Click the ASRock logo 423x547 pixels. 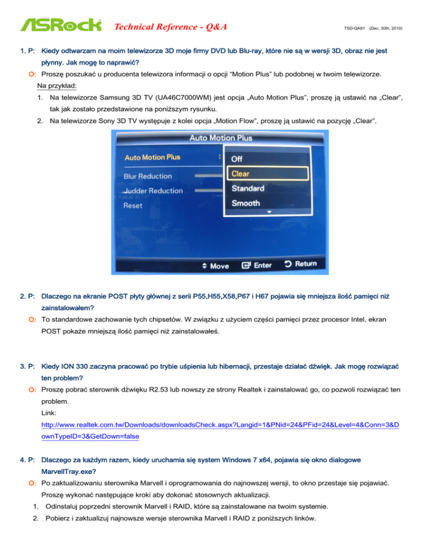(x=61, y=25)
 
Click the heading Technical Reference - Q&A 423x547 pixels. (x=171, y=26)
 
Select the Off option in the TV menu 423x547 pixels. (x=237, y=158)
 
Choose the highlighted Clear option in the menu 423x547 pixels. (x=240, y=173)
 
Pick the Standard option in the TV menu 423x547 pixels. (x=247, y=188)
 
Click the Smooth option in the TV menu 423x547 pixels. (x=246, y=203)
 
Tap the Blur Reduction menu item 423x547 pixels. (x=148, y=176)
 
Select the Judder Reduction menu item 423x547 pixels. (x=154, y=190)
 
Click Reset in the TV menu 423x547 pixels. (x=133, y=205)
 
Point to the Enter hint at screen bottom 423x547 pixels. (x=257, y=265)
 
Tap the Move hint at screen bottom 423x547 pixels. (x=215, y=266)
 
